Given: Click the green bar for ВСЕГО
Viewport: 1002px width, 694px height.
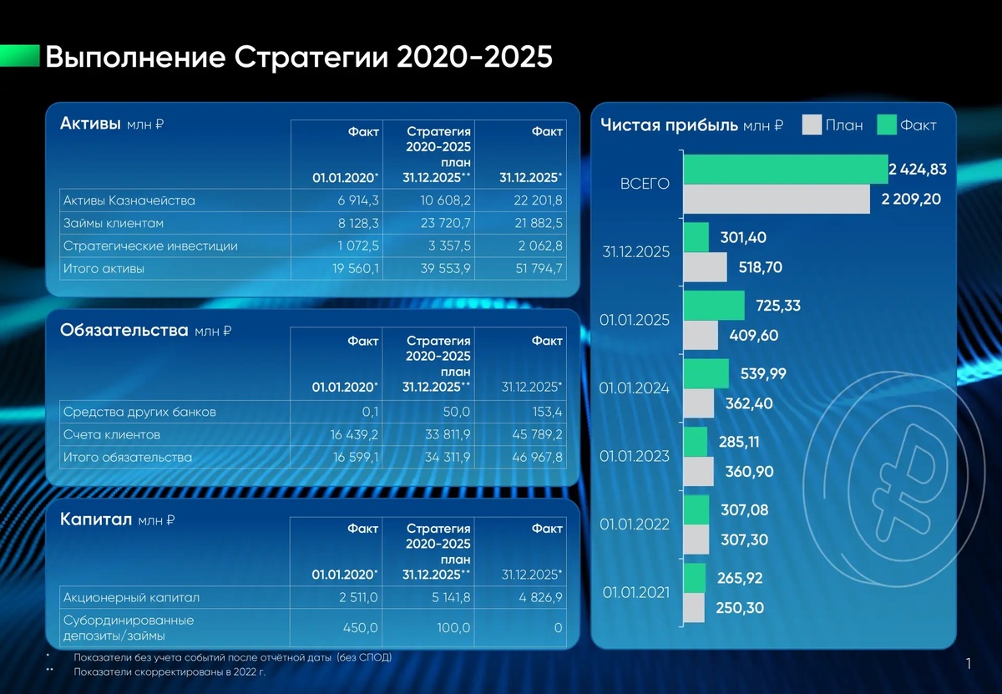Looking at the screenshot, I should (785, 169).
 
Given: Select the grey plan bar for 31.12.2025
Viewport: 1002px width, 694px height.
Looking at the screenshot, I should (706, 267).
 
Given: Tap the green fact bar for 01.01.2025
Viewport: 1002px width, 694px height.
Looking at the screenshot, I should (714, 306).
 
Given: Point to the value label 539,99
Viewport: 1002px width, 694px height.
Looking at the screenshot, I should (758, 373).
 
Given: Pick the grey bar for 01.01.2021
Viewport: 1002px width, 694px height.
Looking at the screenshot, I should (693, 608).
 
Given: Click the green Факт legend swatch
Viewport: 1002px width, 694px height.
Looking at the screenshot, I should (886, 125).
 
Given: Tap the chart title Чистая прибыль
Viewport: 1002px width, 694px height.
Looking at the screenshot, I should (669, 125).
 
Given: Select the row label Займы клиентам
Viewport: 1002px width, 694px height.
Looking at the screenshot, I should (114, 224).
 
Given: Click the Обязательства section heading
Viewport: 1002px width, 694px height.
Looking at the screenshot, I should (124, 330).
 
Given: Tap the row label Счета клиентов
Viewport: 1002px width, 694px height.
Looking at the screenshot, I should (112, 434).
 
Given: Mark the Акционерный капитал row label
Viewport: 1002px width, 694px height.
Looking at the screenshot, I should (131, 598).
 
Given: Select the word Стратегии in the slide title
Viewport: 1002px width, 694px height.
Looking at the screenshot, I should (311, 58).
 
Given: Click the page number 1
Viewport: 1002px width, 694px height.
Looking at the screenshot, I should (969, 664).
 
